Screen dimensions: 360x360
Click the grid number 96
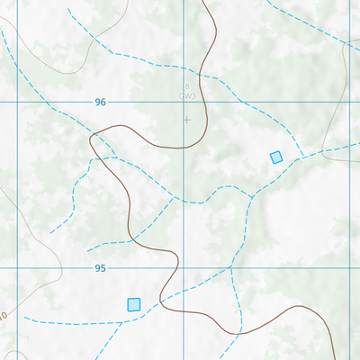100,103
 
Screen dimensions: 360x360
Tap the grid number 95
100,268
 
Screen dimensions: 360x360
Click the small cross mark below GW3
186,119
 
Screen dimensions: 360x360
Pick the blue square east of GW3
276,157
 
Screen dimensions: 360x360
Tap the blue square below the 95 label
134,304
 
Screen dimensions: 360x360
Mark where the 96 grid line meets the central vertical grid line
184,103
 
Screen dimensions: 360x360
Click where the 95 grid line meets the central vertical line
184,268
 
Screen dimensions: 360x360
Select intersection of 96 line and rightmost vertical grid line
348,103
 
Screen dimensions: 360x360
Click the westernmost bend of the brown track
91,138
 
